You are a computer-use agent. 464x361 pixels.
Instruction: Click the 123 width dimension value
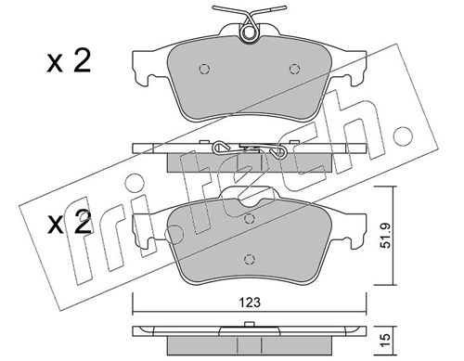tap(251, 303)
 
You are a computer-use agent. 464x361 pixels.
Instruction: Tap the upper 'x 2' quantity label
tap(69, 61)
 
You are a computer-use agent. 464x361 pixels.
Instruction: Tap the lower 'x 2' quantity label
tap(70, 222)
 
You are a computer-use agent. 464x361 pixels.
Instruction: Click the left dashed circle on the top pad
tap(204, 69)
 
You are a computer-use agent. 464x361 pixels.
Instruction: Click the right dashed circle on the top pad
tap(294, 69)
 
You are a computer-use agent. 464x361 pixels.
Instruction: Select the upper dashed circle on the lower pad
tap(249, 219)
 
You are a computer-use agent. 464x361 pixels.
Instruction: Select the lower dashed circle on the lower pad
tap(249, 259)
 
